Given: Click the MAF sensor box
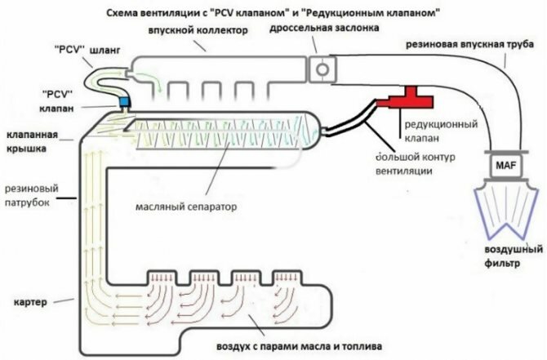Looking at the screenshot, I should (x=500, y=167).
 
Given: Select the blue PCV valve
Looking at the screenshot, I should (x=125, y=102).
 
